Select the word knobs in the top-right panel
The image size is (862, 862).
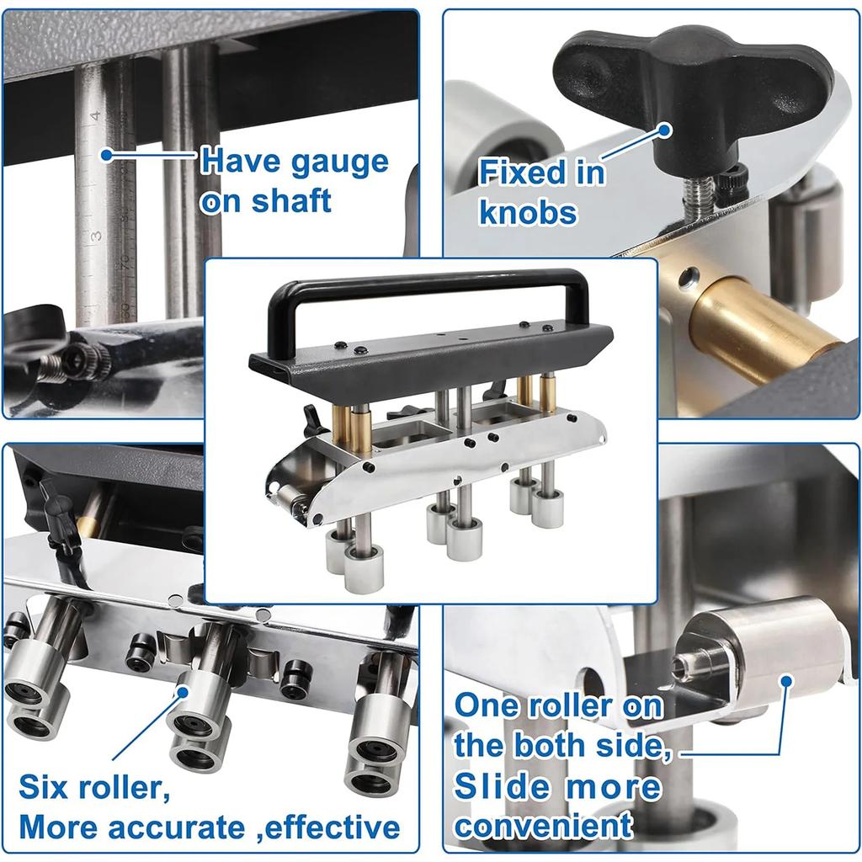[x=529, y=212]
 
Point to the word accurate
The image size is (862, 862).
[x=181, y=827]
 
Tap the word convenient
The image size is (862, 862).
[x=543, y=826]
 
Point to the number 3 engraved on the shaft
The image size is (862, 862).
[x=97, y=235]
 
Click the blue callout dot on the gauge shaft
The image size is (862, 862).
[x=106, y=155]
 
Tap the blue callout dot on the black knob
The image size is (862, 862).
[x=664, y=130]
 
